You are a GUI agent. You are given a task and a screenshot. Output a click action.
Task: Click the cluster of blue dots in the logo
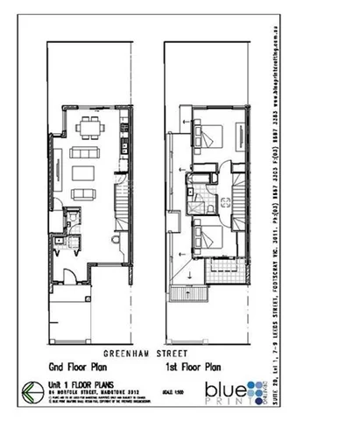(253, 385)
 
